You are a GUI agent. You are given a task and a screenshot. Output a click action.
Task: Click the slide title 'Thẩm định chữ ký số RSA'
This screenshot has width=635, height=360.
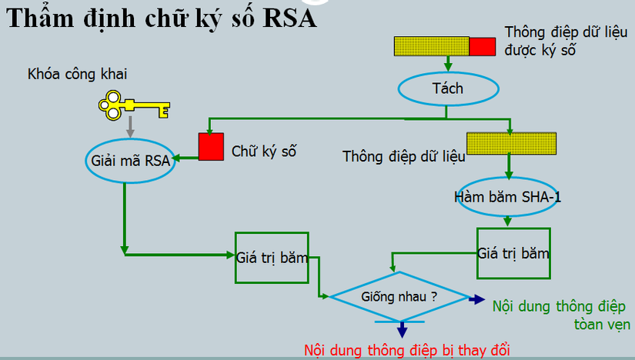click(162, 18)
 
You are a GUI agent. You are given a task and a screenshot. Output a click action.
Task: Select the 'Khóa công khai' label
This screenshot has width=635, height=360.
click(77, 75)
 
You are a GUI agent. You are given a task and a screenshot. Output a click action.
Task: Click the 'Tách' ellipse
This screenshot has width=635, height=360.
click(447, 88)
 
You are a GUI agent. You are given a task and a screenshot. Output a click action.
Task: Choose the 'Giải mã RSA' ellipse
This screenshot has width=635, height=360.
click(129, 161)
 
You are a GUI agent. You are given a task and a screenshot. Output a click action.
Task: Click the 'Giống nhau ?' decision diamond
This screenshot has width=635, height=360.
click(399, 295)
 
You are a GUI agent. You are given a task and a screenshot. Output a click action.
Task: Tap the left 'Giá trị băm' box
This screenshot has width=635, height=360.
click(271, 258)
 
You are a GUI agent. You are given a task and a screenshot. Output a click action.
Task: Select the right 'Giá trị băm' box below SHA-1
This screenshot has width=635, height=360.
click(513, 253)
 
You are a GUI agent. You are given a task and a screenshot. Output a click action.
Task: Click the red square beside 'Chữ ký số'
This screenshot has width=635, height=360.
click(211, 146)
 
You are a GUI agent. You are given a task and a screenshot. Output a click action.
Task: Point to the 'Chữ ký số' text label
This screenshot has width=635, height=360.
click(265, 151)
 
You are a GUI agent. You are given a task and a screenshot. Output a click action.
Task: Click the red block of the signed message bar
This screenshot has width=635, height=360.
click(483, 46)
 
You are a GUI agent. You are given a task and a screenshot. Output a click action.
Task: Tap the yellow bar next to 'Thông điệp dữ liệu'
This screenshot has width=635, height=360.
click(512, 144)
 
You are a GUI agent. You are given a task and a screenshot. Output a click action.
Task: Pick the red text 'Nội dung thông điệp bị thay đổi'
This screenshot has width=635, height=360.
click(407, 349)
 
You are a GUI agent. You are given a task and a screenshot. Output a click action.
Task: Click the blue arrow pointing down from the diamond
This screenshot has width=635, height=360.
click(401, 328)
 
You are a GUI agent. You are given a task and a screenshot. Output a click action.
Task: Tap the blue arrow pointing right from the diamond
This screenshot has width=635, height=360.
click(476, 300)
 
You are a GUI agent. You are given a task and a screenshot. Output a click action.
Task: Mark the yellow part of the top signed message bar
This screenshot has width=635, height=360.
click(431, 46)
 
